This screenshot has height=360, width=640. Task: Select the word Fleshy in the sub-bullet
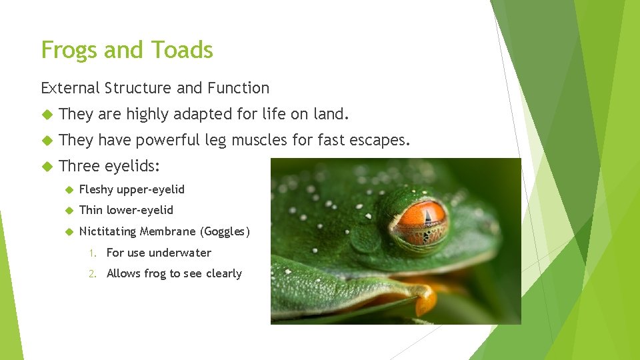point(96,189)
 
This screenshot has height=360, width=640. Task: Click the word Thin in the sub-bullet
point(91,210)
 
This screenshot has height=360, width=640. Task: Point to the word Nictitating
point(107,231)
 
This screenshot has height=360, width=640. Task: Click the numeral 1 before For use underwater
point(95,253)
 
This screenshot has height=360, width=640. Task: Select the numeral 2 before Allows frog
point(95,274)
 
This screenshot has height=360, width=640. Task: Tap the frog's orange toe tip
point(425,303)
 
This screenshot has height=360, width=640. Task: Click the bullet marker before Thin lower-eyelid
point(69,211)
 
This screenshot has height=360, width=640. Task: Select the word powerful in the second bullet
point(167,140)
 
